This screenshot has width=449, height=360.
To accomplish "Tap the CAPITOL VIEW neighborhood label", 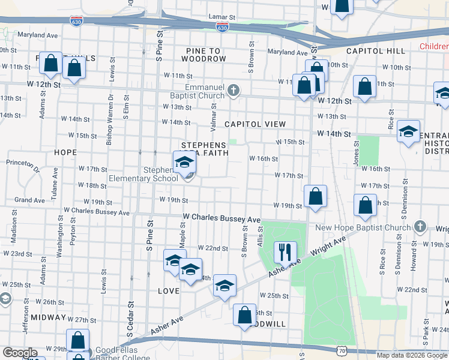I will (x=255, y=124).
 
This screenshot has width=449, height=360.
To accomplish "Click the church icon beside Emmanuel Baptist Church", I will (x=234, y=91).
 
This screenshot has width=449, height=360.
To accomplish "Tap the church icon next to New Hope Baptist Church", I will (x=420, y=227).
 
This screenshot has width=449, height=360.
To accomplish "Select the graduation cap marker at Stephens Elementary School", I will (x=184, y=162).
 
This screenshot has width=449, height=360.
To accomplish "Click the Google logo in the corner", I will (x=19, y=353).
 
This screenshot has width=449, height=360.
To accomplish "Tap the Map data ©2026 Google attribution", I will (x=412, y=355).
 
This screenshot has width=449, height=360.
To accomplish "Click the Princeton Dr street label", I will (x=23, y=162).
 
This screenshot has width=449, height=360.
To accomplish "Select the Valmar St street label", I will (x=212, y=113).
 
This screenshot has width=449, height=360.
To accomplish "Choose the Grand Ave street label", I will (x=30, y=200).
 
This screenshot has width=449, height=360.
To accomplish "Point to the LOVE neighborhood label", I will (x=169, y=291).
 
